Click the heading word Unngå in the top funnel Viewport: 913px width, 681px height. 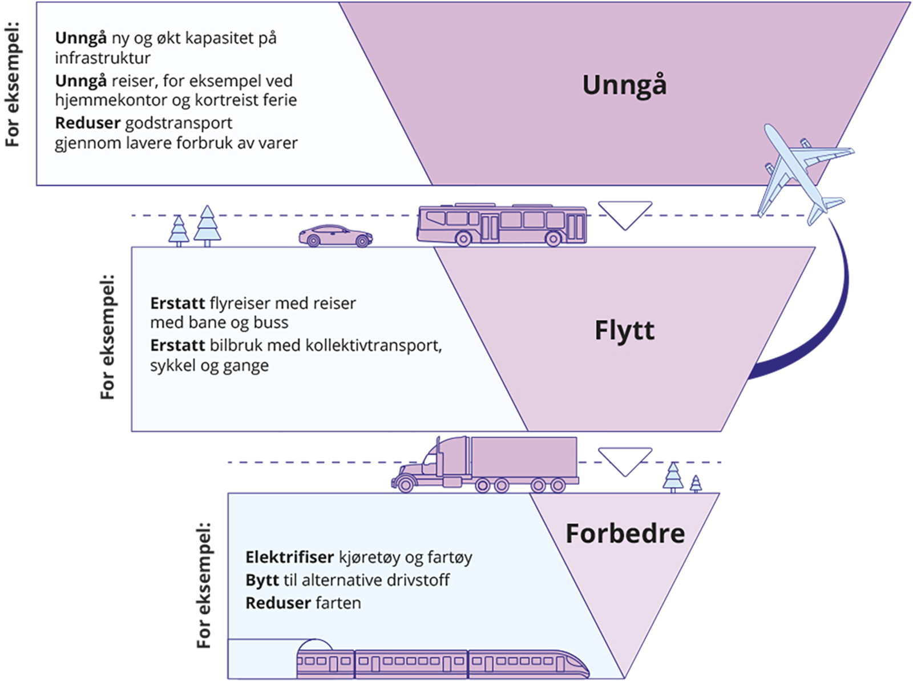(624, 85)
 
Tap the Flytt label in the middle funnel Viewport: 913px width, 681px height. (624, 331)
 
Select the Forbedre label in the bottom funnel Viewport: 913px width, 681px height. (625, 534)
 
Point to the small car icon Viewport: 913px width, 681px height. (336, 236)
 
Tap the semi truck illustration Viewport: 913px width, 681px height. (485, 464)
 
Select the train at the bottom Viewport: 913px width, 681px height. (442, 662)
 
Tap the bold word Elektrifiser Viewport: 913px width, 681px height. (289, 557)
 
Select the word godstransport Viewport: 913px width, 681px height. (179, 123)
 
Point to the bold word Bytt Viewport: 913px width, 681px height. (262, 581)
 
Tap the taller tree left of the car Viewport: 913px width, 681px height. (207, 225)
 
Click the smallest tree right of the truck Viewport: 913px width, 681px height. (696, 483)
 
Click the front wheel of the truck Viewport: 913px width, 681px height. (406, 485)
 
